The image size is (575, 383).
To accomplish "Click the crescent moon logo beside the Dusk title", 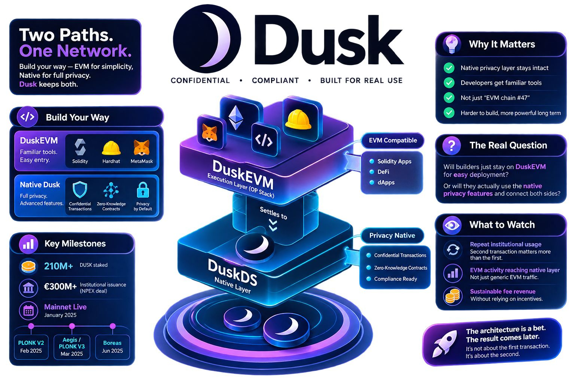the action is tap(207, 39).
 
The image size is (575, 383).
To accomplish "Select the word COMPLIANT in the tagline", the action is tap(276, 80).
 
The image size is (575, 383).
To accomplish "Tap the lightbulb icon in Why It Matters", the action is tap(451, 44).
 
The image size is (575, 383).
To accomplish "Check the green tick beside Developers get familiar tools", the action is tap(449, 83).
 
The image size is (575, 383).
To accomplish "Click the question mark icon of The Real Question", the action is tap(451, 145).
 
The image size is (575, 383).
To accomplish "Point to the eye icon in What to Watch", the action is tap(452, 225).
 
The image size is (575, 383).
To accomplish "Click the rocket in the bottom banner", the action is tap(445, 343).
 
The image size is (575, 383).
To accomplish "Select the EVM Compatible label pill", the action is tap(393, 140).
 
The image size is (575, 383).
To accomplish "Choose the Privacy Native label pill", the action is tap(392, 236).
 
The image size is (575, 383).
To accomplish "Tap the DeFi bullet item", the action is tap(383, 172).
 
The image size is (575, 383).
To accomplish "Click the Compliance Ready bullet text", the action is tap(396, 279).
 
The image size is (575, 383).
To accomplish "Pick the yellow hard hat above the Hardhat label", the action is tap(111, 148).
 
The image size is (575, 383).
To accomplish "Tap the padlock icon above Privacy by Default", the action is tap(143, 190).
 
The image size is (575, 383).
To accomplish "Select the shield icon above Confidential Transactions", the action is tap(80, 190).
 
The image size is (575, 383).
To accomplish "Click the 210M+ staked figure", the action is tap(58, 266).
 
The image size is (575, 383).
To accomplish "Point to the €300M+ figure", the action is tap(60, 287).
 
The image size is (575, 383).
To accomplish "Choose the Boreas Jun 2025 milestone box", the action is tap(112, 347).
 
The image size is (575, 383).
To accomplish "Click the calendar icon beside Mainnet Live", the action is tap(28, 311).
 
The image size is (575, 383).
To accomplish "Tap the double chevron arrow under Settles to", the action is tap(273, 225).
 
